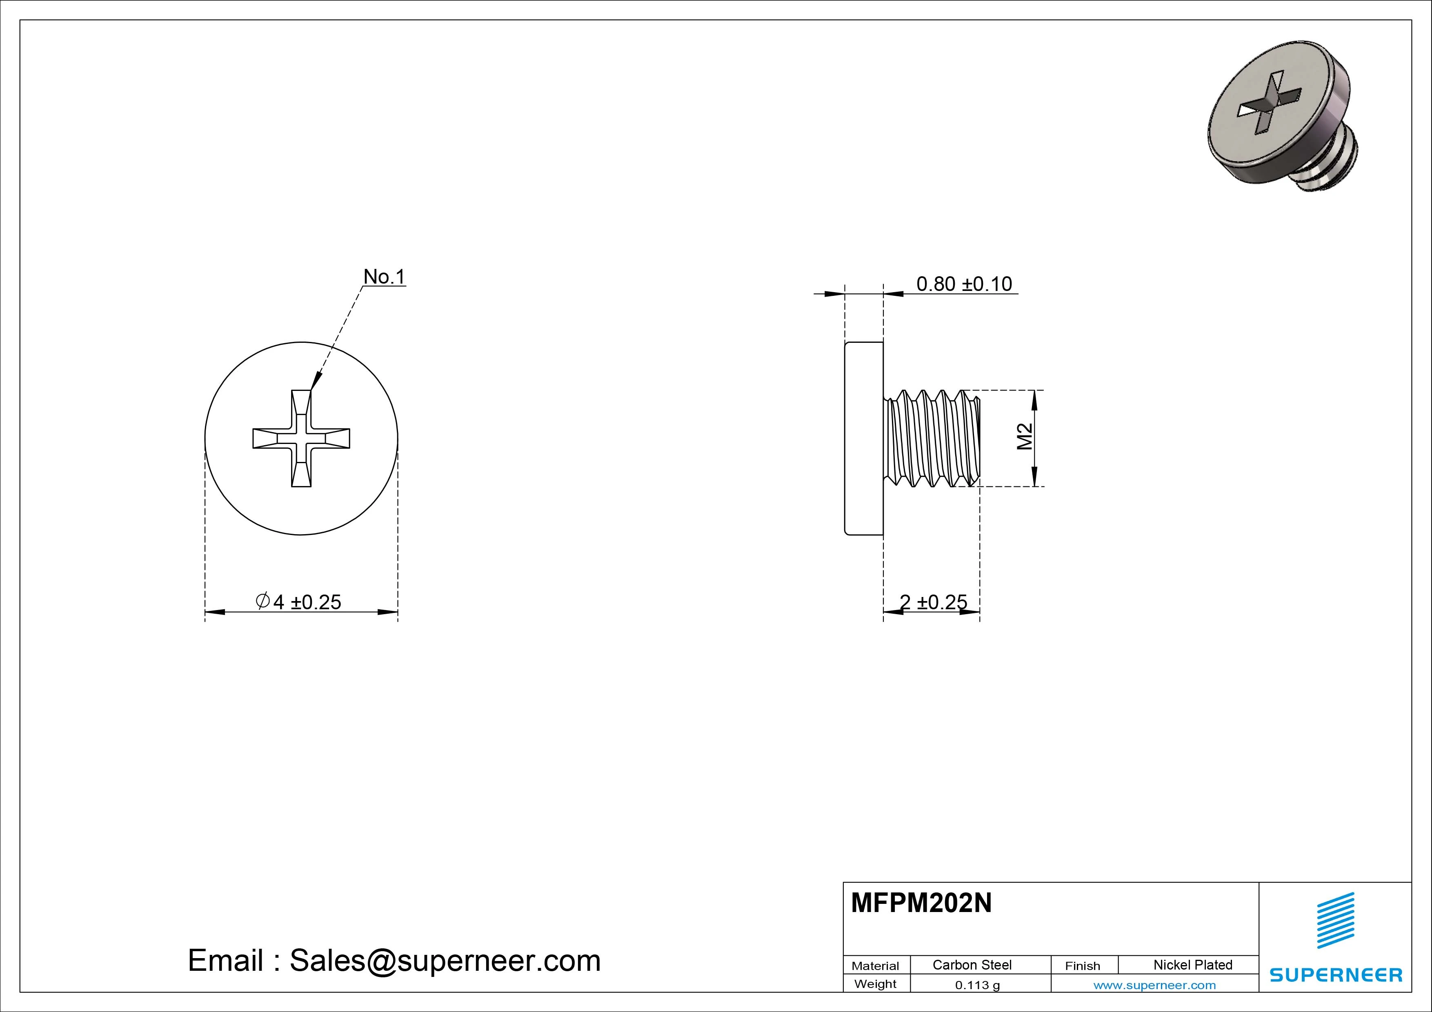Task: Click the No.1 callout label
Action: point(384,277)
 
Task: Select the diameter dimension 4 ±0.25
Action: point(299,602)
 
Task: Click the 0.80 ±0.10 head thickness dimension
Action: point(964,284)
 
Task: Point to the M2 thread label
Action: point(1025,437)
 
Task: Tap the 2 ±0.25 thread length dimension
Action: point(933,602)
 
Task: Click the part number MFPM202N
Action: point(921,903)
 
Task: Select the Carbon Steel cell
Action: point(972,965)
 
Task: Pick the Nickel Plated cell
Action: point(1192,965)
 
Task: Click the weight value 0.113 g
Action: point(977,985)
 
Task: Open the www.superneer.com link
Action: point(1154,985)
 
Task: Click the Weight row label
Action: point(875,984)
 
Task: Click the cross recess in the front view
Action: point(301,438)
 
